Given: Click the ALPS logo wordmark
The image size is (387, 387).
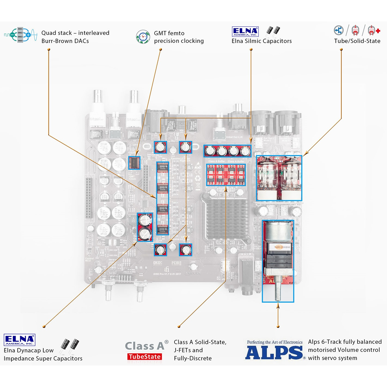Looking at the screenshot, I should [274, 353].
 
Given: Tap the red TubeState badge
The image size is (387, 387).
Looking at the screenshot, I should [145, 357].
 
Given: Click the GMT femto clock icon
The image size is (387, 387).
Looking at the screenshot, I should [143, 37].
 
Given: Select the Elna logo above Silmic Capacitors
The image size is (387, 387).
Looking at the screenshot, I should [245, 32].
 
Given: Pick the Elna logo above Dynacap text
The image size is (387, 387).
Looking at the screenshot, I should [20, 340].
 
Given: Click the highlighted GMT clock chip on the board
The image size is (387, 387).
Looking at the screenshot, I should [134, 163].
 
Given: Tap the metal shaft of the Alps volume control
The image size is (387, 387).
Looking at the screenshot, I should [278, 291].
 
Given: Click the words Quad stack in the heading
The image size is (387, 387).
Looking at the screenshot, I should [57, 33].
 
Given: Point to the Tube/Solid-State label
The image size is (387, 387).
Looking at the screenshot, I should [357, 41].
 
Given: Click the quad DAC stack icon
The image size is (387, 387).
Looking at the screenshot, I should [21, 35].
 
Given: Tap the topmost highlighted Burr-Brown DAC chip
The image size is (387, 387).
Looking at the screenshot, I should [163, 166].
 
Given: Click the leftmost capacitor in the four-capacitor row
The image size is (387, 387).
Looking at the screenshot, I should [210, 151].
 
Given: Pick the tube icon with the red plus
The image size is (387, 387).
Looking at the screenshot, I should [373, 31].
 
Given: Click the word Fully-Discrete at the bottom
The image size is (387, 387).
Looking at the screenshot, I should [193, 358].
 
